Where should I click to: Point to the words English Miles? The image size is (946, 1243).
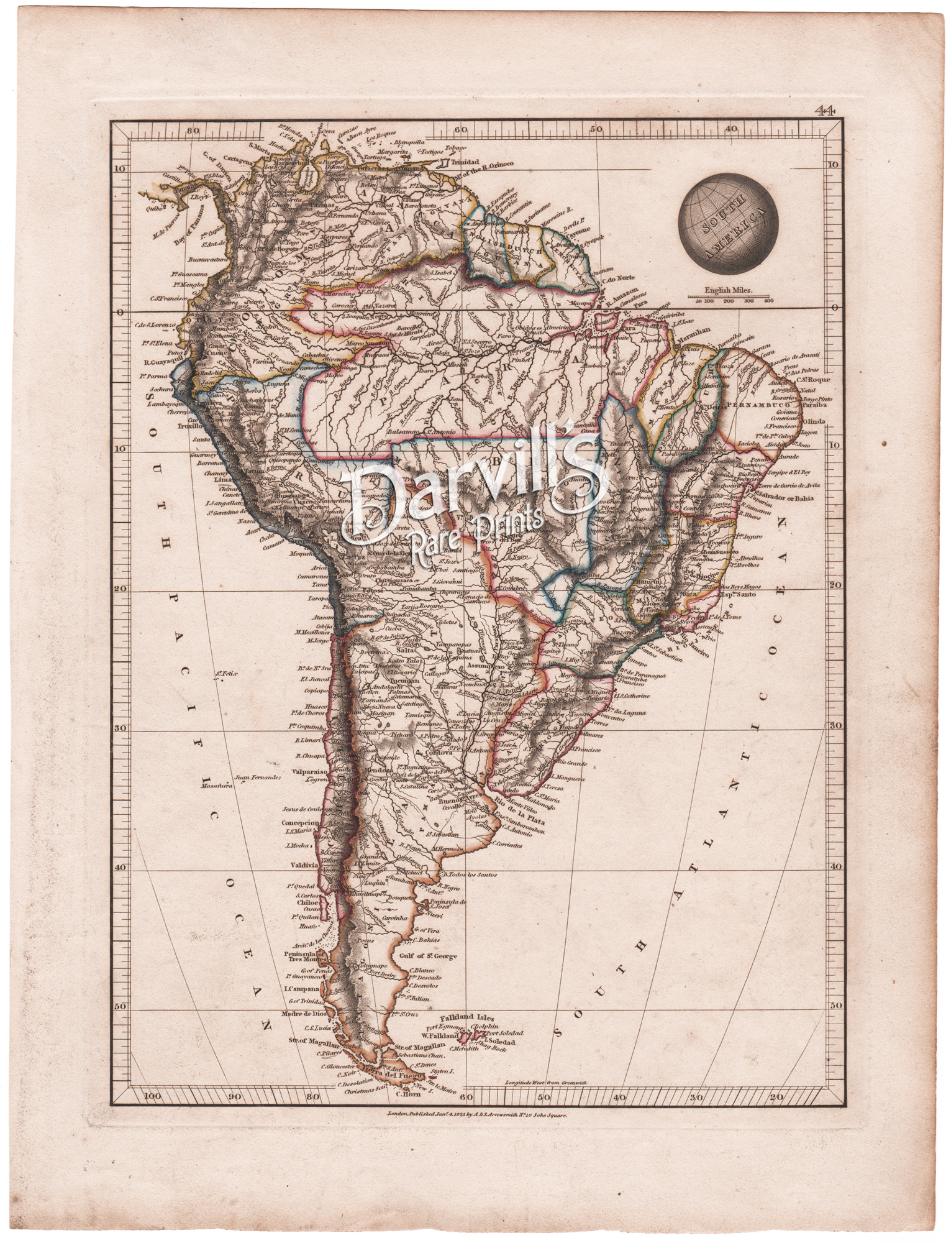coord(727,290)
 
